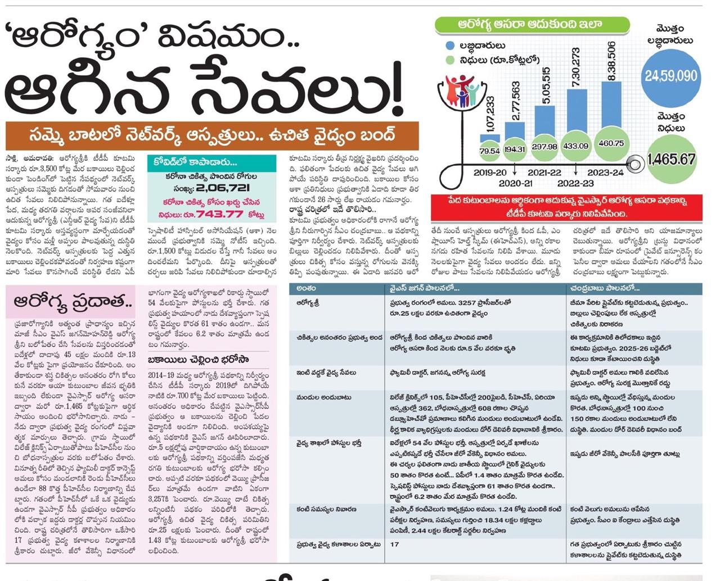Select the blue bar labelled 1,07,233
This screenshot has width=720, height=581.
coord(489,137)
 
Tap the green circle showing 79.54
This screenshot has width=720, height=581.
coord(489,151)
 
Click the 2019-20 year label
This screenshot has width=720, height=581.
coord(490,172)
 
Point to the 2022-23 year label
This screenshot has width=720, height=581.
coord(575,183)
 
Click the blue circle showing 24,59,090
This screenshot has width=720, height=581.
coord(670,76)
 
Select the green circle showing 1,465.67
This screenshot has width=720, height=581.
coord(670,160)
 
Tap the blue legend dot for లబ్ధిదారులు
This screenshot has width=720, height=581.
coord(449,45)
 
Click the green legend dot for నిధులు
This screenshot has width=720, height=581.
coord(449,60)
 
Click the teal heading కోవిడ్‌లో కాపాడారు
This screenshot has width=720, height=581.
coord(196,162)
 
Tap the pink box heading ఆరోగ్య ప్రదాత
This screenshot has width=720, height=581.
coord(73,302)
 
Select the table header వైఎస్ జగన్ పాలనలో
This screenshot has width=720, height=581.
coord(425,288)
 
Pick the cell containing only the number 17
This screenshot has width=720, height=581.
coord(394,544)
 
